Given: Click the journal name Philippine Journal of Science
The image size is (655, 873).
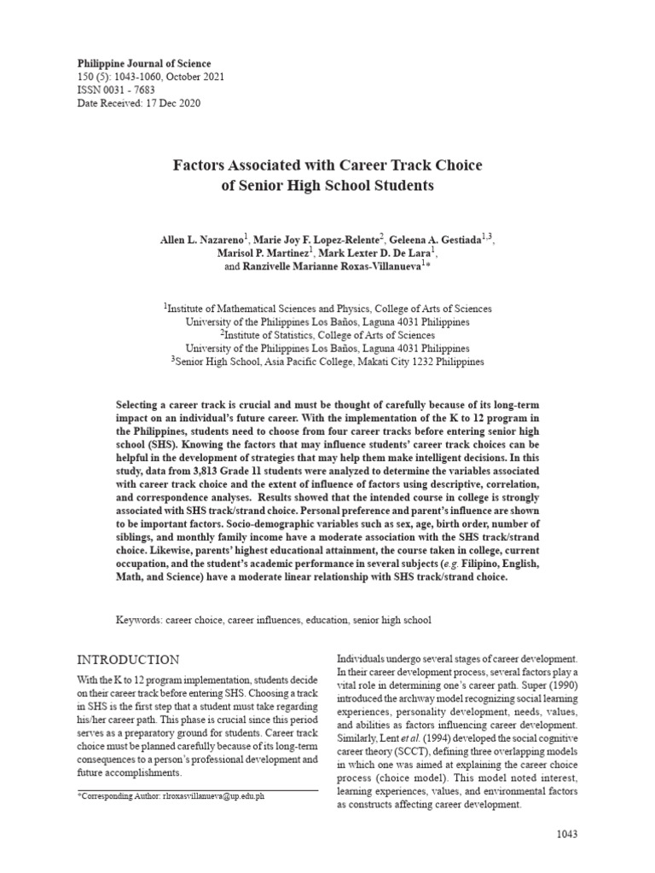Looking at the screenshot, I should [x=144, y=64].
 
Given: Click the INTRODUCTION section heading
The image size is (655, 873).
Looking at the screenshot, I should [x=128, y=660].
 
